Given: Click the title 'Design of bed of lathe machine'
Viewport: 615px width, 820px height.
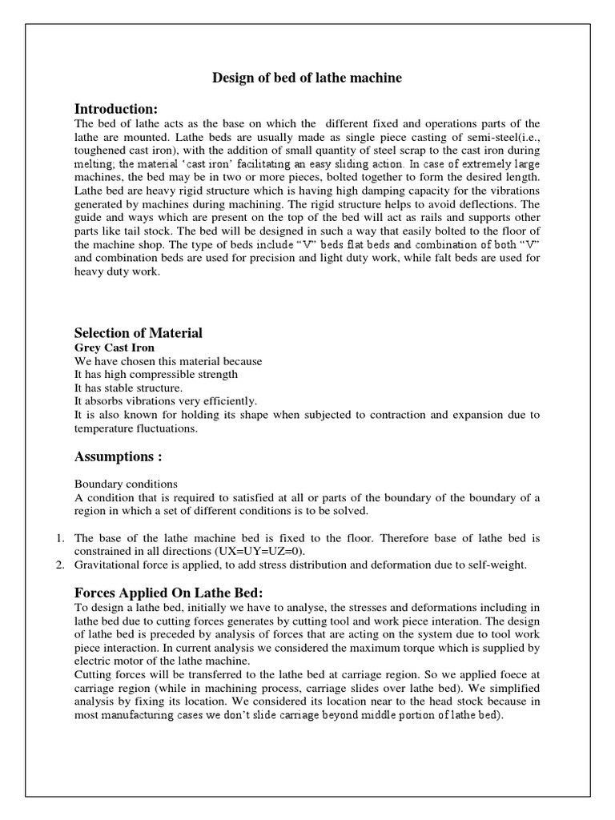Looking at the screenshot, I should (x=307, y=78).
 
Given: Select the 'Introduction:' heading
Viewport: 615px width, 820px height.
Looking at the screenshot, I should (x=116, y=108).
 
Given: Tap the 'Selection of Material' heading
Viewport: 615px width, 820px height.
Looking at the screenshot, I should (x=138, y=332).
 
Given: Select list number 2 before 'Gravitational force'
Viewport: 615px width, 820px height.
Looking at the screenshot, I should (x=60, y=565).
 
